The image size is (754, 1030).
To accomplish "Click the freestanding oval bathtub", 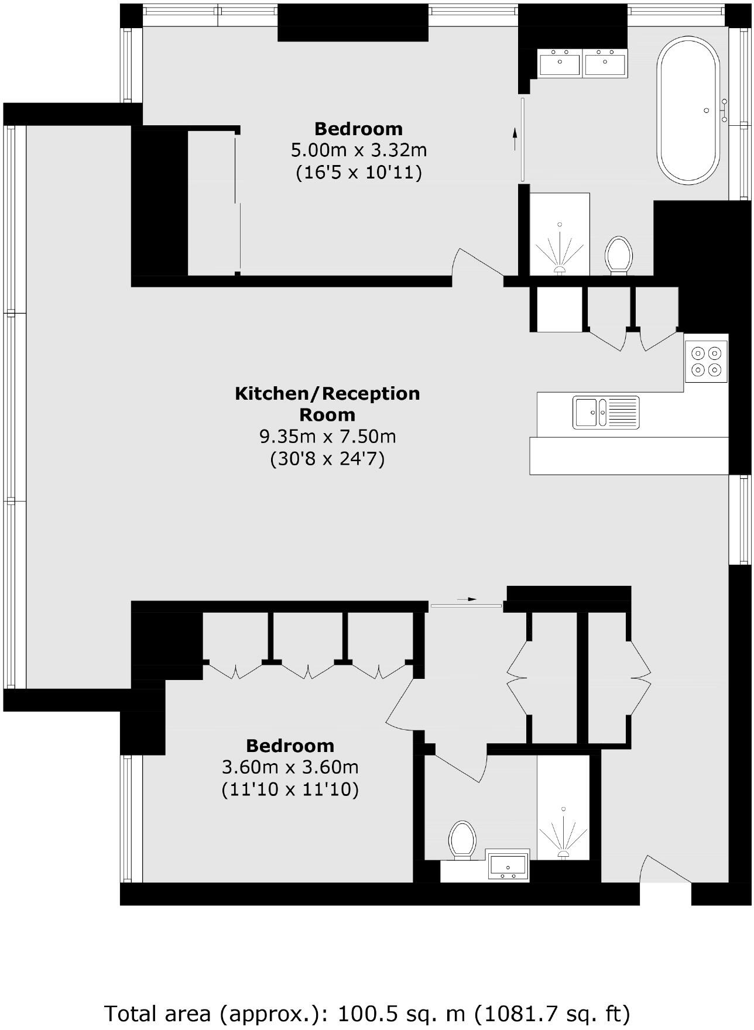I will (x=688, y=111).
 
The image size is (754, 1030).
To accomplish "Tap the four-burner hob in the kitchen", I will (x=707, y=362).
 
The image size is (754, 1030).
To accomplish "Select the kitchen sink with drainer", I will (x=606, y=413).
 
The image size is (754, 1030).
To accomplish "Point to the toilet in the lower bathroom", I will (x=462, y=840).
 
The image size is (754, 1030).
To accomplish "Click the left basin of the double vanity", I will (x=560, y=63).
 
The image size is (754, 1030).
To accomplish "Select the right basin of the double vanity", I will (x=605, y=63).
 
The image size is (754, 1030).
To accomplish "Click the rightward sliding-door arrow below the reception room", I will (x=467, y=599).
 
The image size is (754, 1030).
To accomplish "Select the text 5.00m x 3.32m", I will (x=359, y=150).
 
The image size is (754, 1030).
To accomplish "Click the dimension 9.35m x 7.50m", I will (x=327, y=437).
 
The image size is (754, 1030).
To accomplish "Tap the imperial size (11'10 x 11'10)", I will (x=290, y=790).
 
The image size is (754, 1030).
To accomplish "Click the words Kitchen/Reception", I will (x=327, y=393).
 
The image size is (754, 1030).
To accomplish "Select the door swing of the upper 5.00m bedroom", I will (x=475, y=263).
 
